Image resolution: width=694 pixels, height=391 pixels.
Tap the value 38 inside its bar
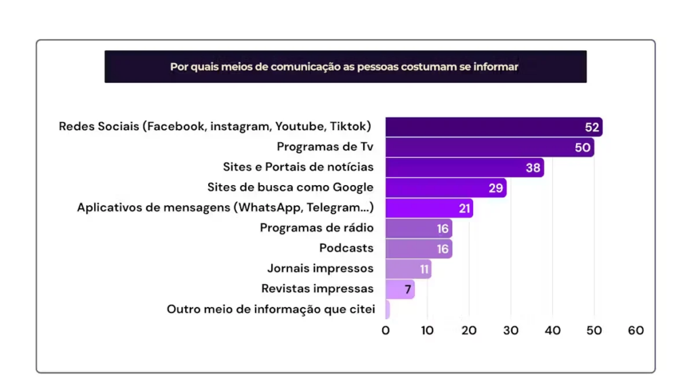(x=533, y=168)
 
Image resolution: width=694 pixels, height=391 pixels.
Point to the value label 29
(x=496, y=188)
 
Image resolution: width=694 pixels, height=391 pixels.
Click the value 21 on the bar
(x=464, y=209)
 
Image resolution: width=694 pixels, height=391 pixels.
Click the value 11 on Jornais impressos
(x=424, y=269)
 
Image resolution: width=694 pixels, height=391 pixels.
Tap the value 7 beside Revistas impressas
(x=408, y=289)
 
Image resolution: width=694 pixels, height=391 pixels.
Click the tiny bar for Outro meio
(x=388, y=310)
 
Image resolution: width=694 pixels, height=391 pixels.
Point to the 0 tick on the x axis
(x=386, y=331)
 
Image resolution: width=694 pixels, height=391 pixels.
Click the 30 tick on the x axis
(x=511, y=331)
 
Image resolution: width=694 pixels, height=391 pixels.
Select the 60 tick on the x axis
(x=636, y=331)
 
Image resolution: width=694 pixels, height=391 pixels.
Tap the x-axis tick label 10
(x=427, y=331)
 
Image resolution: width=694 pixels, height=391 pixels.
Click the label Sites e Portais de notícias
(x=298, y=167)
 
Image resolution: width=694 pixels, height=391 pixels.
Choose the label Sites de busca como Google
(x=290, y=187)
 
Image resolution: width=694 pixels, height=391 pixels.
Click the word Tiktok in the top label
(x=348, y=127)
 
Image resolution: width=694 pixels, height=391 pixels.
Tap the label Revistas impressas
(x=317, y=289)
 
